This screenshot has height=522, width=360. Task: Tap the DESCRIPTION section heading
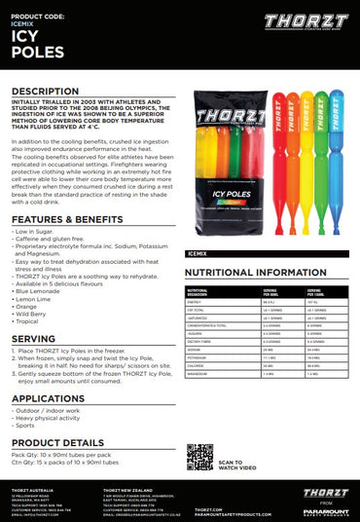click(x=45, y=91)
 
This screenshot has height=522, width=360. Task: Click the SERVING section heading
click(x=34, y=338)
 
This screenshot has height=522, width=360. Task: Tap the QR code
click(x=199, y=457)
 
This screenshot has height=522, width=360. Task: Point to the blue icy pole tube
click(x=336, y=156)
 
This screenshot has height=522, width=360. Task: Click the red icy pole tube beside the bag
click(x=276, y=156)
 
